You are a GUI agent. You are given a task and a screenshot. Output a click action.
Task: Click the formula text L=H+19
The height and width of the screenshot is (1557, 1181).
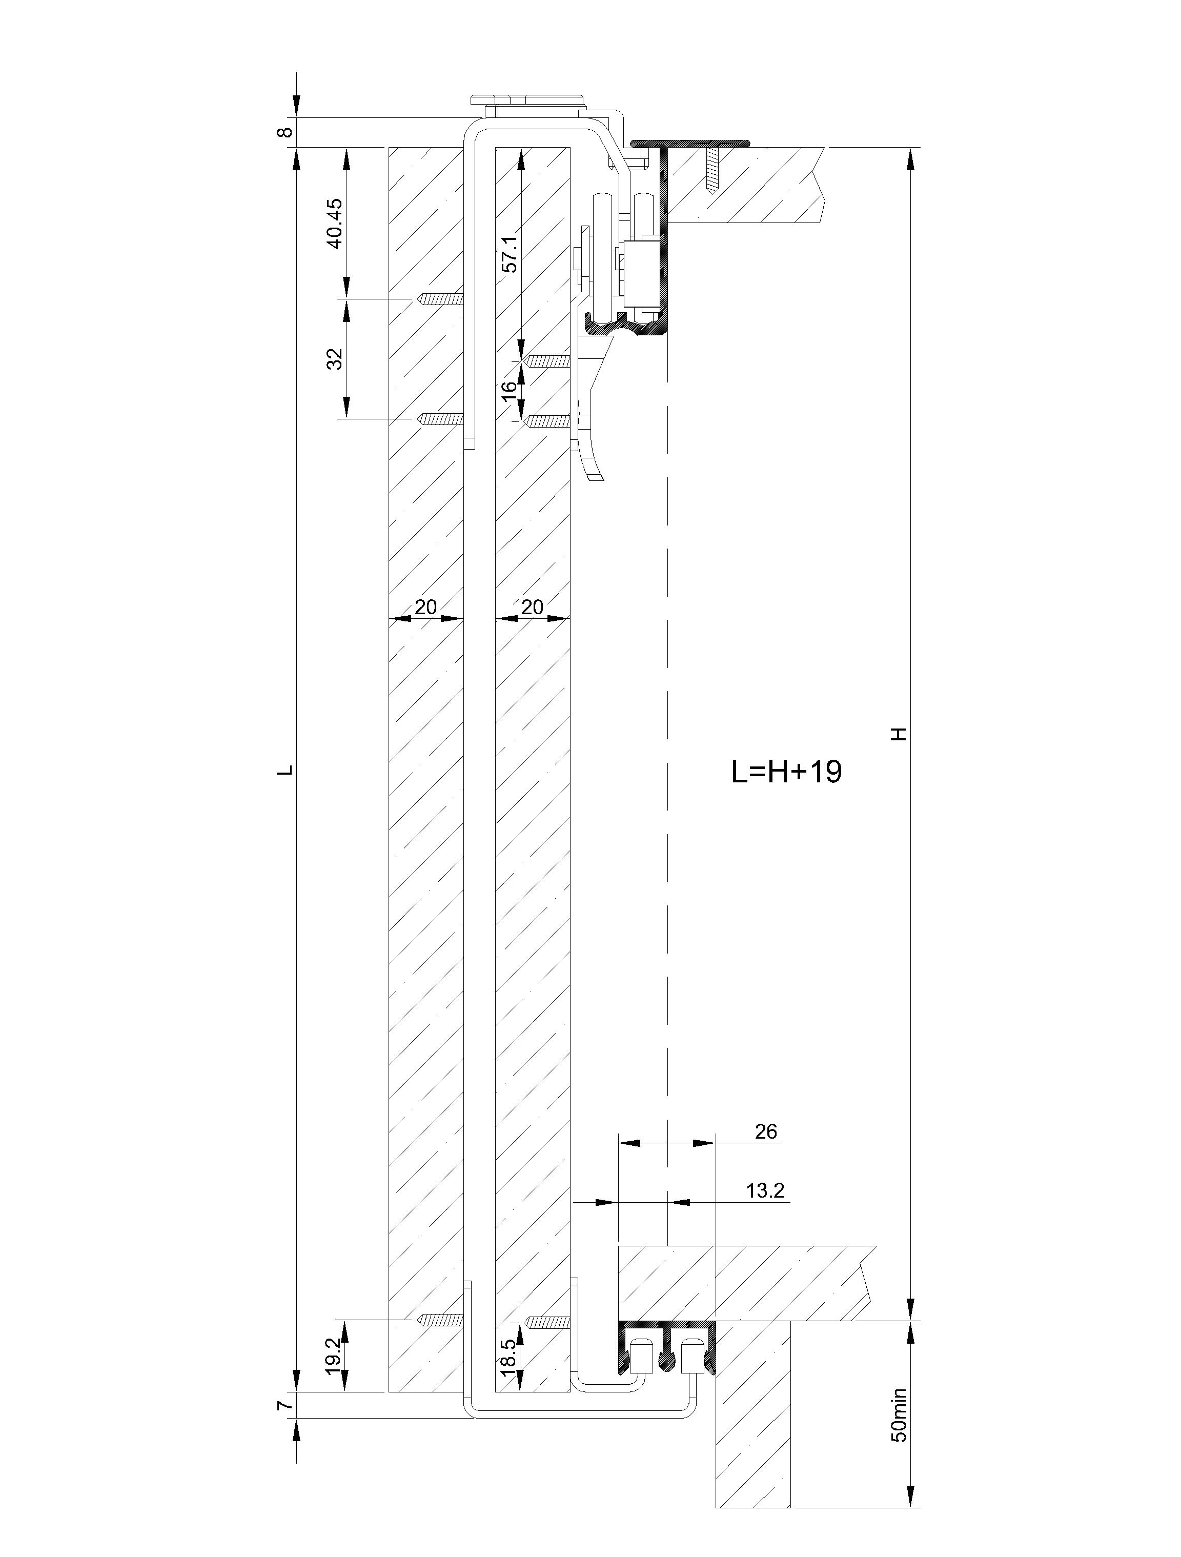coord(787,772)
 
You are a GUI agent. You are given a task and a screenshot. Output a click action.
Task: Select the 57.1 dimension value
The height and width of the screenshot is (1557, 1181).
coord(510,253)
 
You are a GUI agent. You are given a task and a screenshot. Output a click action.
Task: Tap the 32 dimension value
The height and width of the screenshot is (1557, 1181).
coord(336,358)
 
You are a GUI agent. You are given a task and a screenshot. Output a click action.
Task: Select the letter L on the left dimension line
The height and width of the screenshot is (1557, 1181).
coord(285,771)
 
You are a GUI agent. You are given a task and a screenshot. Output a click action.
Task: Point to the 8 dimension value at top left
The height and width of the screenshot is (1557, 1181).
coord(285,132)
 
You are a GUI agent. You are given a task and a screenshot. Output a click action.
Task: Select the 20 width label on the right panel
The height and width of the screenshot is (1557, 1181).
coord(532,606)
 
